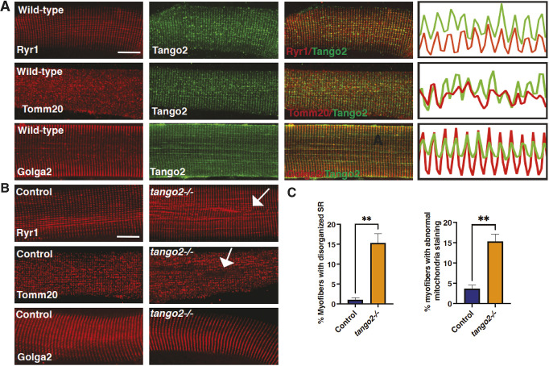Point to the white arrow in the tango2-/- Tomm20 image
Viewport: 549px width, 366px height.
click(227, 261)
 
